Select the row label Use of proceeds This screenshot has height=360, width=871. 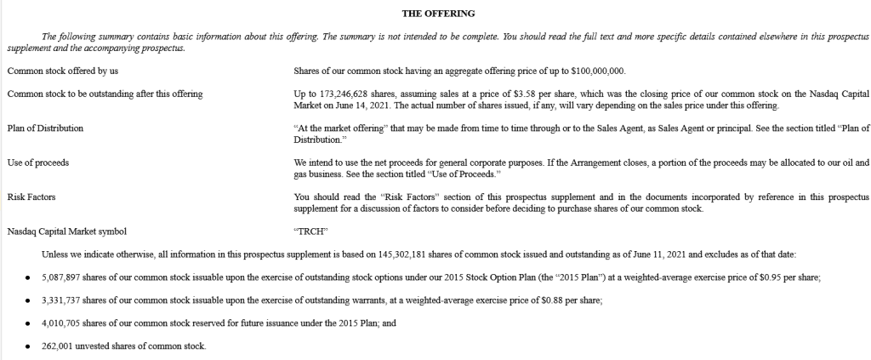point(37,161)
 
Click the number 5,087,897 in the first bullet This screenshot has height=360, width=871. point(60,277)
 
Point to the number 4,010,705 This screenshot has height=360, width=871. point(60,323)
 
